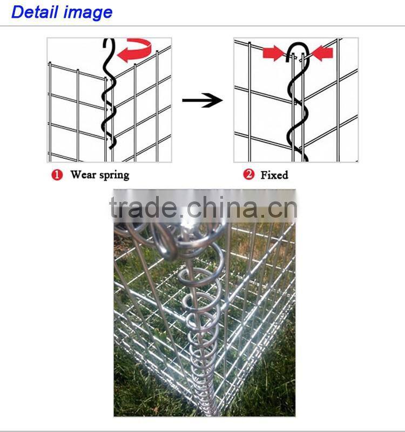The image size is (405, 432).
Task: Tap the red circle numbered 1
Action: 57,175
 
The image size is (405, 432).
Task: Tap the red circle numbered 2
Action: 248,175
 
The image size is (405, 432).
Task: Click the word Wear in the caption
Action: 84,175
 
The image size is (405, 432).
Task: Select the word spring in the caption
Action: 114,175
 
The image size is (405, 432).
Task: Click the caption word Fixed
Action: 274,175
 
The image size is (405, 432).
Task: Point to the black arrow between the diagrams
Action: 202,100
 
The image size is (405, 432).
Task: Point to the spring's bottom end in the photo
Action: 208,410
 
